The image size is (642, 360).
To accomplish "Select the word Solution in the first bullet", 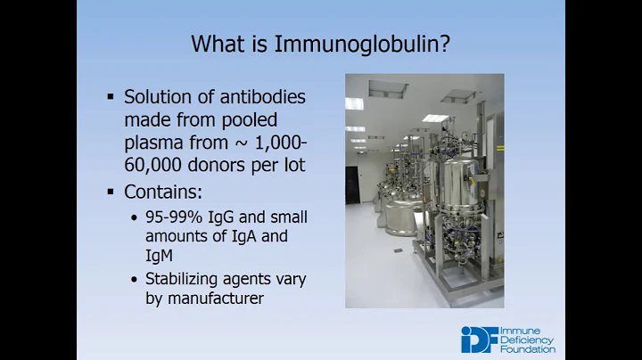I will pos(158,98).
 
